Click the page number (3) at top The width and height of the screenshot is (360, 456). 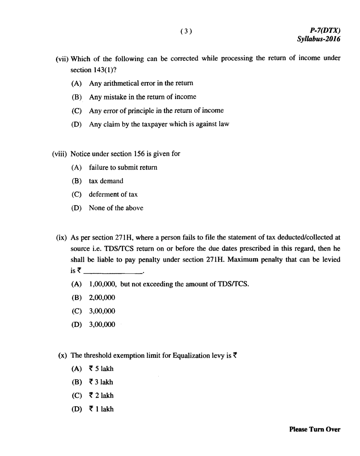(x=186, y=31)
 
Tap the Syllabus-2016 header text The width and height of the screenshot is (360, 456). (x=318, y=39)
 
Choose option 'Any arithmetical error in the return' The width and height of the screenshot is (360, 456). (x=141, y=83)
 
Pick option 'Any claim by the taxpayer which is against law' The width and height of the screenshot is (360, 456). (x=159, y=124)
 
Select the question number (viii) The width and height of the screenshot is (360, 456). (x=60, y=154)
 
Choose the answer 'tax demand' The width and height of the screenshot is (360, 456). (x=106, y=181)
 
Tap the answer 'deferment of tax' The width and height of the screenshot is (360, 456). (x=113, y=194)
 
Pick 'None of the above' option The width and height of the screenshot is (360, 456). (x=116, y=208)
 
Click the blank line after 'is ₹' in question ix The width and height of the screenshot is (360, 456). (x=113, y=273)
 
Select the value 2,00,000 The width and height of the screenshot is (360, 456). (x=102, y=297)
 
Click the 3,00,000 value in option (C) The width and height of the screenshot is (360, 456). (x=102, y=311)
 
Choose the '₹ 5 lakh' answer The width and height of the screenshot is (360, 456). (x=101, y=368)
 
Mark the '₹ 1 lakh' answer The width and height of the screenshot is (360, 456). (x=101, y=409)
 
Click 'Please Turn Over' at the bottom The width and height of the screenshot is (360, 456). (x=315, y=429)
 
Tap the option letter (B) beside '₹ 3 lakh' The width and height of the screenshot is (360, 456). (x=77, y=382)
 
